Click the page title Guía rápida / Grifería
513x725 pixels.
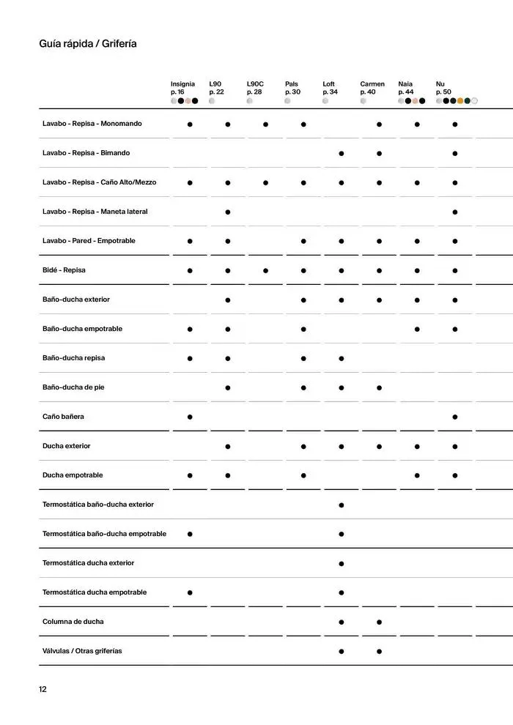[88, 44]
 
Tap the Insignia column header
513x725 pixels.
[182, 84]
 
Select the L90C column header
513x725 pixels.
[255, 84]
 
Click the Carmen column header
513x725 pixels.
[372, 84]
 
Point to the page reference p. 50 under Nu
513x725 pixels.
[443, 92]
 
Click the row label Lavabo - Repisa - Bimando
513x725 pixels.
[86, 153]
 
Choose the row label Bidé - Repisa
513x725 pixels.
[64, 270]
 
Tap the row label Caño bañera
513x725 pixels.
[63, 417]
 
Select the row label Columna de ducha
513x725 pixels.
[73, 622]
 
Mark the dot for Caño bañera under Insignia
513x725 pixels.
[190, 417]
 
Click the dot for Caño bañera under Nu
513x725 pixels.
[455, 417]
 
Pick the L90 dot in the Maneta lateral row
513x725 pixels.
[228, 212]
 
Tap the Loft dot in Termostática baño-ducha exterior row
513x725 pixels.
[342, 505]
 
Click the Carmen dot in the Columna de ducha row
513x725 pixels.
[380, 622]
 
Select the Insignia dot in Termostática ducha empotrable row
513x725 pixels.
[190, 592]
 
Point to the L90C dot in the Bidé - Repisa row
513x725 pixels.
[265, 270]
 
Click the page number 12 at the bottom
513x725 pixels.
[43, 689]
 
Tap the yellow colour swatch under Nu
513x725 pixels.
[460, 101]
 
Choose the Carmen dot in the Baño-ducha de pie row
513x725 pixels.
[380, 387]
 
